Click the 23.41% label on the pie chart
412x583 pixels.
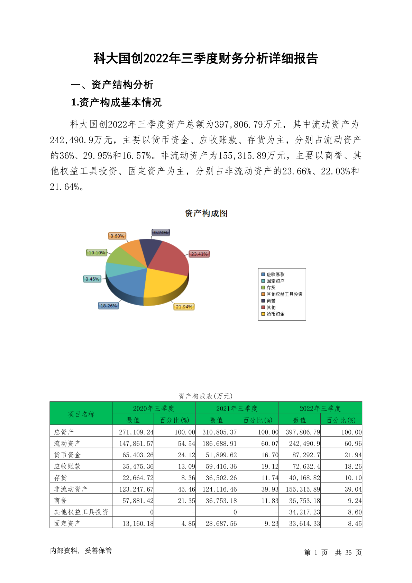pyautogui.click(x=199, y=254)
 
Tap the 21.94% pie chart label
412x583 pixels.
pyautogui.click(x=184, y=307)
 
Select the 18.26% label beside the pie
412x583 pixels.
pyautogui.click(x=108, y=306)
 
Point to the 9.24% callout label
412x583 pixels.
pyautogui.click(x=161, y=233)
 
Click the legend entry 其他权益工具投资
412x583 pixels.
pyautogui.click(x=284, y=294)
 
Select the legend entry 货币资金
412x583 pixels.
pyautogui.click(x=275, y=314)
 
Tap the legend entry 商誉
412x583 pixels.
pyautogui.click(x=271, y=301)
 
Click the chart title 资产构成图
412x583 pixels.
pyautogui.click(x=206, y=213)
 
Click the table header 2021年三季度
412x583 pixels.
pyautogui.click(x=237, y=408)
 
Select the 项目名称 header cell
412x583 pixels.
pyautogui.click(x=81, y=414)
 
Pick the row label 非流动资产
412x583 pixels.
pyautogui.click(x=71, y=489)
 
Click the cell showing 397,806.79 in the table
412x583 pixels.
pyautogui.click(x=303, y=432)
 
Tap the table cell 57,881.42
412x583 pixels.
pyautogui.click(x=138, y=501)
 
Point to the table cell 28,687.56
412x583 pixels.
pyautogui.click(x=221, y=523)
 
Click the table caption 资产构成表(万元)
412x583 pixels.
pyautogui.click(x=206, y=396)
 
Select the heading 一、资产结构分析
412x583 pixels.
pyautogui.click(x=112, y=84)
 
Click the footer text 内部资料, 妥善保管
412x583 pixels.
pyautogui.click(x=81, y=550)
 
